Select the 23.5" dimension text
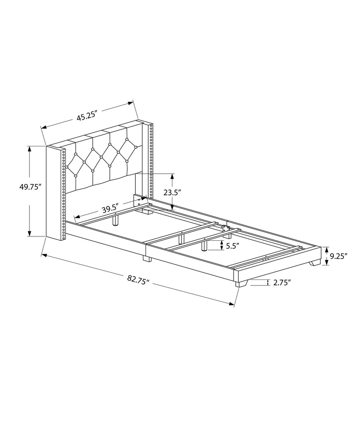click(x=171, y=192)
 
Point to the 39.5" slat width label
click(x=110, y=209)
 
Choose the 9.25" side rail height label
click(x=339, y=256)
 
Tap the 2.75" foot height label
click(x=281, y=282)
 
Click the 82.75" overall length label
click(x=138, y=280)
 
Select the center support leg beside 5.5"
click(x=204, y=245)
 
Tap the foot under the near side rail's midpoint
click(x=145, y=259)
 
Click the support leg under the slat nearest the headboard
click(x=115, y=219)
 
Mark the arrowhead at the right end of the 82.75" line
click(x=233, y=304)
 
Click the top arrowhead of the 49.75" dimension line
click(x=29, y=148)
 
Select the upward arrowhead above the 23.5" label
click(x=173, y=175)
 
